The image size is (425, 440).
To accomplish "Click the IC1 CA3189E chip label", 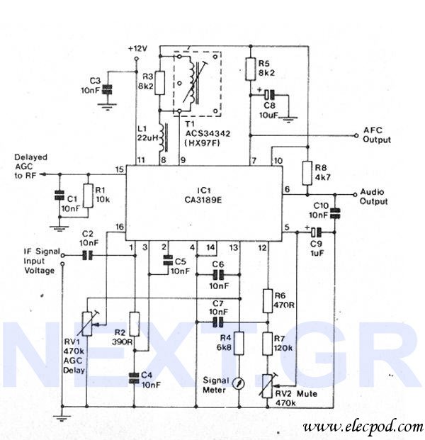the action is point(203,195).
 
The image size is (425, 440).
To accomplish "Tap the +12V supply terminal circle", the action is point(137,59).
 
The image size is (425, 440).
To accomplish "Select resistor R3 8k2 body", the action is point(160,83).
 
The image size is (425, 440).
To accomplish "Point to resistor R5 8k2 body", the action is point(251,69).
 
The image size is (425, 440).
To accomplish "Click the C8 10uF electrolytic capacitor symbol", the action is point(270,95).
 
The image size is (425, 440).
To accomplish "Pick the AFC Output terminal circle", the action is point(356,135).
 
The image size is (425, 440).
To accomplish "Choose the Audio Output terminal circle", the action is point(355,194).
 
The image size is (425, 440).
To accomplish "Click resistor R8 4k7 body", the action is point(307,173).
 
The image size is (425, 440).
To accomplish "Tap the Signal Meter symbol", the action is point(239,383).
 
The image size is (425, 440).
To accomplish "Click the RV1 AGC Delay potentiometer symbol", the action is point(87,324).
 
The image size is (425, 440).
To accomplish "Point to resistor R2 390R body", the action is point(135,324).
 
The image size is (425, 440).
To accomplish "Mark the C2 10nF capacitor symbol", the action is point(87,255).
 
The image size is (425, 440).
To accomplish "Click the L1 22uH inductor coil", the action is point(163,137).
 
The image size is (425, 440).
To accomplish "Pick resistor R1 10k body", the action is point(88,196).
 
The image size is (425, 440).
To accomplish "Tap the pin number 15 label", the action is point(119,169).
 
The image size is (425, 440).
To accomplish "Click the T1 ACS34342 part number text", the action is point(208,134).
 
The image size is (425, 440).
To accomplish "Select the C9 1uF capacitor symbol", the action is point(317,232).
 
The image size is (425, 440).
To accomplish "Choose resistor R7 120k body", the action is point(268,344).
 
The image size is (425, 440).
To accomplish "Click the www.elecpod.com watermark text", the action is point(363,427).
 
